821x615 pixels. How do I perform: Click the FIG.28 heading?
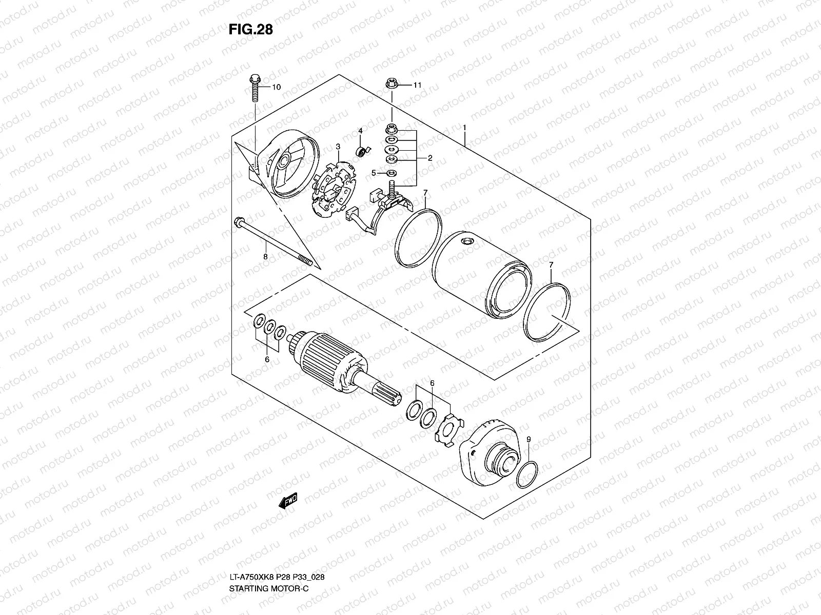(x=250, y=30)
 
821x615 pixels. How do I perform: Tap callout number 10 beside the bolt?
(x=277, y=87)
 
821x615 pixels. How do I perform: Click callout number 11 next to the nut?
(x=417, y=85)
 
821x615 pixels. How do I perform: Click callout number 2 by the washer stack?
(x=430, y=158)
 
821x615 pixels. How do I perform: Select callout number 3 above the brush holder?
(x=338, y=147)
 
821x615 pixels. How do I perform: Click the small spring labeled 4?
(x=362, y=151)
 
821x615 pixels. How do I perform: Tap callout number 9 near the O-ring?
(x=528, y=439)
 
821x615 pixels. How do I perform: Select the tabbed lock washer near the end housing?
(x=448, y=428)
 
